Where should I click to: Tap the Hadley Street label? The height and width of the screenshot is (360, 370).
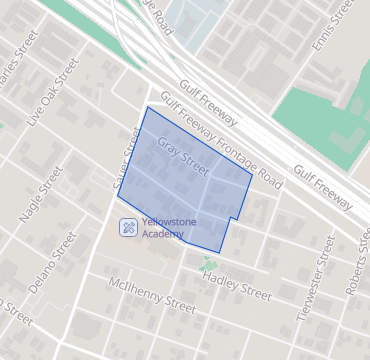pos(237,287)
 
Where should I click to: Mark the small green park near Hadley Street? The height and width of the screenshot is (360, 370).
pos(208,266)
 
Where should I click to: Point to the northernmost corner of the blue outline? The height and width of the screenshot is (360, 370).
pos(148,106)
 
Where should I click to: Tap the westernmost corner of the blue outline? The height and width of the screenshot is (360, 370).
pos(117,194)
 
